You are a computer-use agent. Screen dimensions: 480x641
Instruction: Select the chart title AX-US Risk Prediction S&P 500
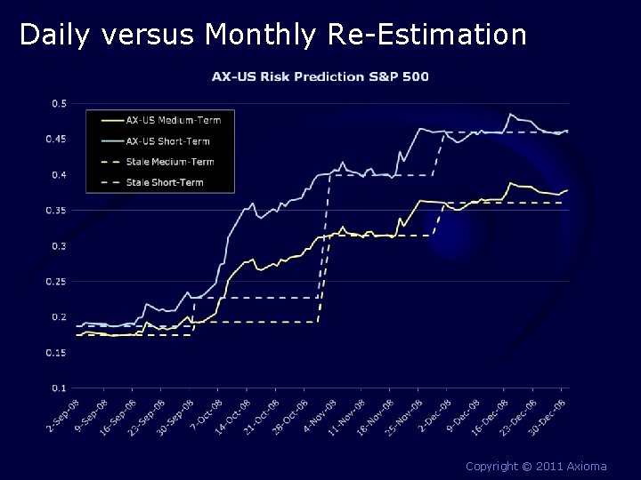click(320, 76)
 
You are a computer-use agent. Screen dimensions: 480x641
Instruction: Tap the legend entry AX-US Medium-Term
click(174, 119)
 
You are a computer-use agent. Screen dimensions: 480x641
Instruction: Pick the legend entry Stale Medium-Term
click(170, 162)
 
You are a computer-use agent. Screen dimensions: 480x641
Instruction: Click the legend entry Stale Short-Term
click(165, 182)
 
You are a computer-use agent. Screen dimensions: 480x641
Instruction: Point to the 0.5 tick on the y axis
click(59, 104)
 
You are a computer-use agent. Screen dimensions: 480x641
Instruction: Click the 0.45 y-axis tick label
click(56, 140)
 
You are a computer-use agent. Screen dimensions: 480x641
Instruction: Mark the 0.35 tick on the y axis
click(56, 211)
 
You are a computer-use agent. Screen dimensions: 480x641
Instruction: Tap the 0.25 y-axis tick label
click(56, 282)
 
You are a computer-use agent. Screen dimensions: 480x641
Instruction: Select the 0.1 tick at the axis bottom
click(59, 388)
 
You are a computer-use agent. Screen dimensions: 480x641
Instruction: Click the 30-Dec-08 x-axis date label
click(551, 416)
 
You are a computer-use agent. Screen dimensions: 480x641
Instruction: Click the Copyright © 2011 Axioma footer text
click(536, 466)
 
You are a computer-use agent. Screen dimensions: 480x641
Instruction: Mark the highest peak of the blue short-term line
click(510, 114)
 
